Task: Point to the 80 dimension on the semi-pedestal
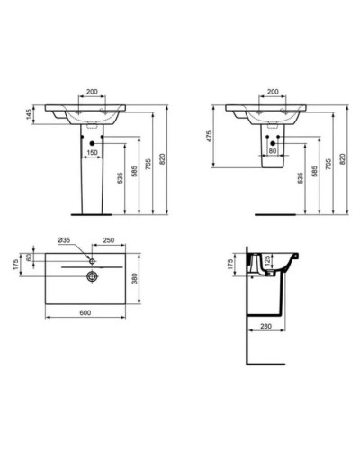tap(271, 151)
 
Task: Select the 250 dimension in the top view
tap(107, 240)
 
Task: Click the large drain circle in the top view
tap(91, 274)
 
